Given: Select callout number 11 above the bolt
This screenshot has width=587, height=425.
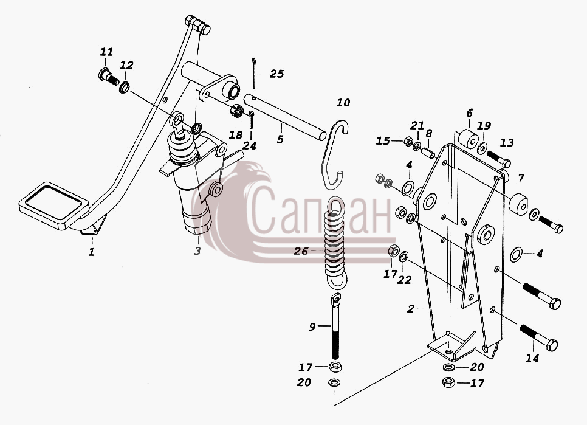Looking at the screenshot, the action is [107, 52].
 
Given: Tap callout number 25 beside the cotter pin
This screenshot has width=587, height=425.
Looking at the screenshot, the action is [276, 74].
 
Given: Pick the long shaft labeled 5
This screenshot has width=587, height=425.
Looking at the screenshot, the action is [284, 117].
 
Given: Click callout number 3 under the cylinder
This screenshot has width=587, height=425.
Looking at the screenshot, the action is [197, 251].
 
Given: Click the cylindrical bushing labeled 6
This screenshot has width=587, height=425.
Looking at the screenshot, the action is [469, 139].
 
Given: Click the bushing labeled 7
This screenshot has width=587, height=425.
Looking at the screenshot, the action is [518, 205].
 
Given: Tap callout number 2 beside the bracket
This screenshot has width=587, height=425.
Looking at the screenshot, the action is [411, 309].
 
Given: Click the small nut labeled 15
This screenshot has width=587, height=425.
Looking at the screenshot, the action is [408, 142].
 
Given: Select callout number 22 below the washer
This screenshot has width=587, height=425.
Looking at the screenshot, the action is [404, 280].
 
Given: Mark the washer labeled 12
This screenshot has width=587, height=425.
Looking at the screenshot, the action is [125, 88].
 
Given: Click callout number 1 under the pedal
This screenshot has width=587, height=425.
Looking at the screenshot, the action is [92, 252].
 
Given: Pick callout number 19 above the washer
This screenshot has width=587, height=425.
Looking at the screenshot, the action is [484, 125].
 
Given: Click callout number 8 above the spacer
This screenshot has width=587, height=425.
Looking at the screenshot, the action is [429, 133].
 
